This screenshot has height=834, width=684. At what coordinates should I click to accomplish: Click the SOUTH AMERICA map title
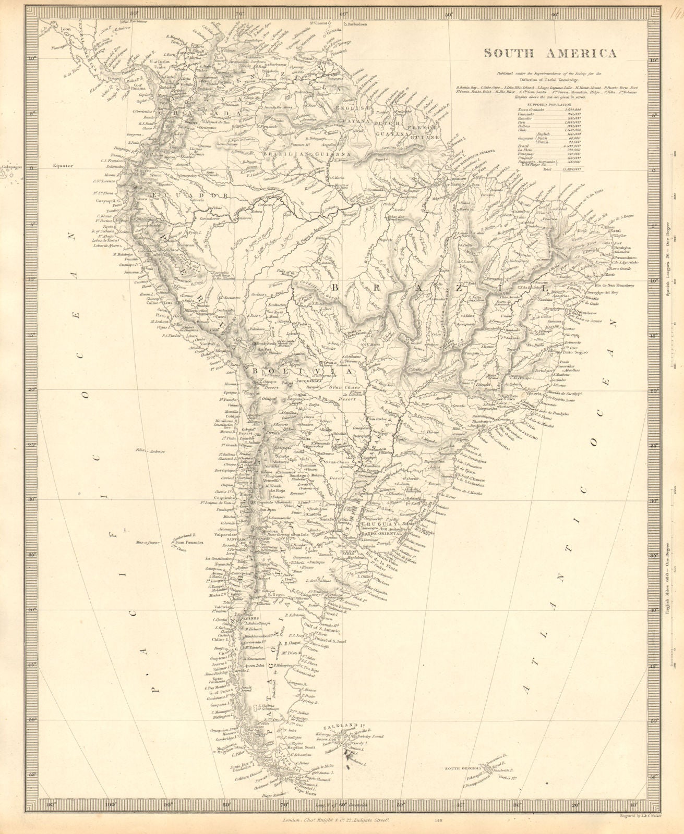click(550, 53)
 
